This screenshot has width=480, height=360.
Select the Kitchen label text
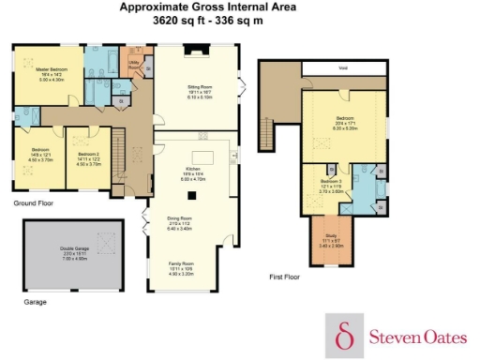coord(193,169)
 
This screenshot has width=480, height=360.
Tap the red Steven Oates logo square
coord(344,335)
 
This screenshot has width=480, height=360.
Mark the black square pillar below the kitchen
coord(192,196)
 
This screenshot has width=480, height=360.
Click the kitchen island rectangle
coord(203,157)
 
